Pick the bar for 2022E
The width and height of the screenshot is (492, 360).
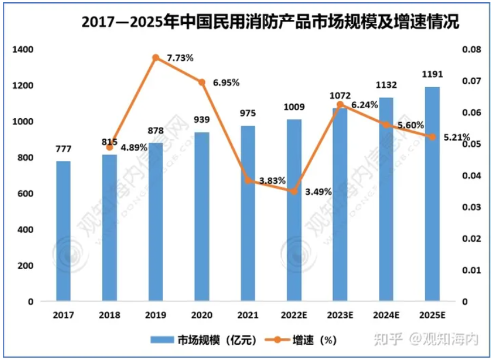tap(294, 210)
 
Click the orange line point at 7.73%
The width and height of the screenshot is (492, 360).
tap(156, 58)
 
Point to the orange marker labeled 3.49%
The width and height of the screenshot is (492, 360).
tap(294, 191)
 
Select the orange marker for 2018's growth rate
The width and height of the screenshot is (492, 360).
tap(110, 147)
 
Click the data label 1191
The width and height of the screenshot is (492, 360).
tap(432, 74)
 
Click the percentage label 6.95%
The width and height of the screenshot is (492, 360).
tap(226, 83)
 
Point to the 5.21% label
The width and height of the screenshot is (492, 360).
tap(458, 137)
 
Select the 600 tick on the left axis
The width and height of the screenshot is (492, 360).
tap(25, 194)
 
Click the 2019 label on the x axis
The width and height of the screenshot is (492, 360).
tap(156, 315)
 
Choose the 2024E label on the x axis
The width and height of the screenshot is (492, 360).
tap(386, 315)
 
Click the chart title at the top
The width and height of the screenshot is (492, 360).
tap(270, 22)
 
